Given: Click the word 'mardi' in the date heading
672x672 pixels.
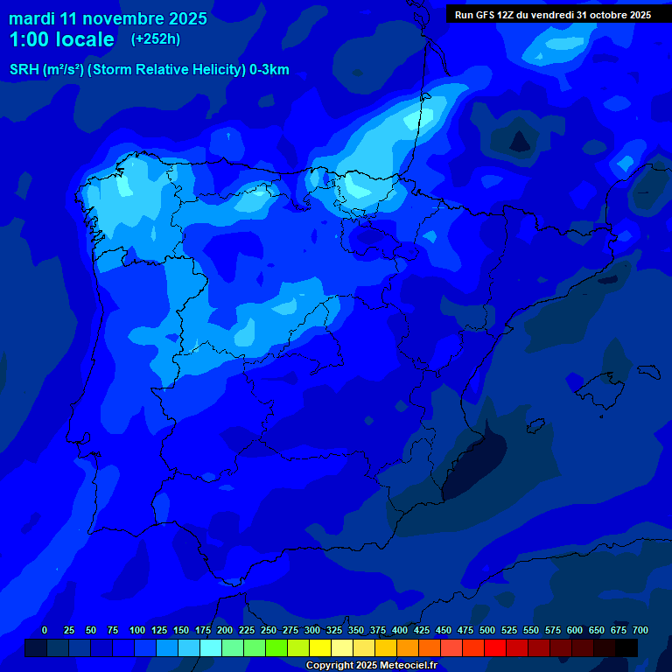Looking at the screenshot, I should pyautogui.click(x=31, y=18).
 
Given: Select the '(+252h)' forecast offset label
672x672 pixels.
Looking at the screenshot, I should pyautogui.click(x=155, y=39).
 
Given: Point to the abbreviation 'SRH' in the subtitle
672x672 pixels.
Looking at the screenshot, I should pyautogui.click(x=24, y=70).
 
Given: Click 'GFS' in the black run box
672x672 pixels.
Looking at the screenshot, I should pyautogui.click(x=489, y=15).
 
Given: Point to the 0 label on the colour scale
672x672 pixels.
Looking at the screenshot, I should pyautogui.click(x=45, y=630).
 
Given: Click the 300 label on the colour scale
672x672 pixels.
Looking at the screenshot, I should pyautogui.click(x=312, y=630).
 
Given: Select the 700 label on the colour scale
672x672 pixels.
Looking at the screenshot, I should pyautogui.click(x=640, y=630).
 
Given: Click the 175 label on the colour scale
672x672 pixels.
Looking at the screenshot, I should pyautogui.click(x=203, y=630).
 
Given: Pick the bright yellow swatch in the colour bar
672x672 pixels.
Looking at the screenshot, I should pyautogui.click(x=320, y=647).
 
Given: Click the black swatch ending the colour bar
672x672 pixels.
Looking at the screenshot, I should pyautogui.click(x=626, y=647).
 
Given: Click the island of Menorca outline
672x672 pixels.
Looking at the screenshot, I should pyautogui.click(x=647, y=371).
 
